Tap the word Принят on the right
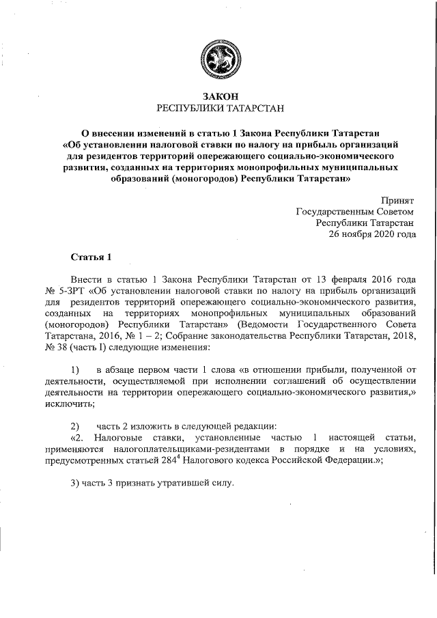coord(397,201)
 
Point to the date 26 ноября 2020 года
coord(372,234)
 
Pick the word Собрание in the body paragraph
coord(184,335)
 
